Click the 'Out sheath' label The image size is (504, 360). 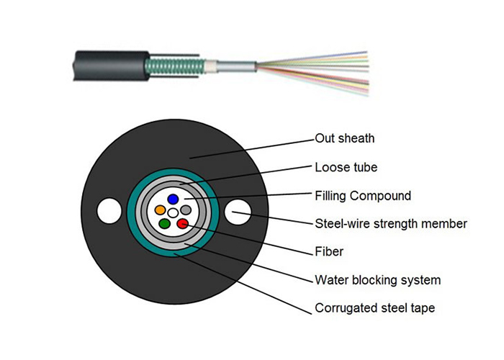pyautogui.click(x=345, y=138)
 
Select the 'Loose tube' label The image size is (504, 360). pyautogui.click(x=346, y=167)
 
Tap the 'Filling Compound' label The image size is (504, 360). pyautogui.click(x=363, y=196)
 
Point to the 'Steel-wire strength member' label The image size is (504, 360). pyautogui.click(x=391, y=224)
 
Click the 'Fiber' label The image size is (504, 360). pyautogui.click(x=329, y=252)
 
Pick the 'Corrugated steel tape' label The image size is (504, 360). pyautogui.click(x=374, y=308)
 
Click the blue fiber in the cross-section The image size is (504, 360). pyautogui.click(x=173, y=199)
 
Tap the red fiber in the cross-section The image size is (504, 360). pyautogui.click(x=183, y=224)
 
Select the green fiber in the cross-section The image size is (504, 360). pyautogui.click(x=164, y=224)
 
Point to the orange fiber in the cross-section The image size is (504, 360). pyautogui.click(x=160, y=211)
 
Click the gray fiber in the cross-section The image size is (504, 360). pyautogui.click(x=186, y=210)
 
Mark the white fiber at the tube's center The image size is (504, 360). pyautogui.click(x=173, y=212)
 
